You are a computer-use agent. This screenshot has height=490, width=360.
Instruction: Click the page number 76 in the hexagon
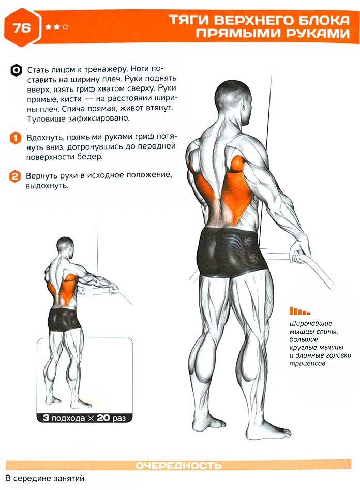pos(22,28)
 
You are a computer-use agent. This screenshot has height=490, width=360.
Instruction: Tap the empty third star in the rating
pos(65,27)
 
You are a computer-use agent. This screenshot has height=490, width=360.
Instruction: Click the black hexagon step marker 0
pos(16,70)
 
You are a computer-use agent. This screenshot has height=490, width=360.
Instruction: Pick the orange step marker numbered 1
pos(16,138)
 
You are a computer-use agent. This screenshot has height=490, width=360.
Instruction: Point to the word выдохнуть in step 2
pos(47,186)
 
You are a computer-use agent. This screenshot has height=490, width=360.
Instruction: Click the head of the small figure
pos(65,247)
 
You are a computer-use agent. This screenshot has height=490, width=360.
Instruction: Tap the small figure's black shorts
pos(64,319)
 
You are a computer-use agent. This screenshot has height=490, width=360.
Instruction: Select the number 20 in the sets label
pos(104,418)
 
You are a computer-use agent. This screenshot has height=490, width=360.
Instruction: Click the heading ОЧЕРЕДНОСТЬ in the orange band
pos(179,465)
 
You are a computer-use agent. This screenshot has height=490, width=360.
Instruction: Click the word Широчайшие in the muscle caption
pos(311,323)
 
